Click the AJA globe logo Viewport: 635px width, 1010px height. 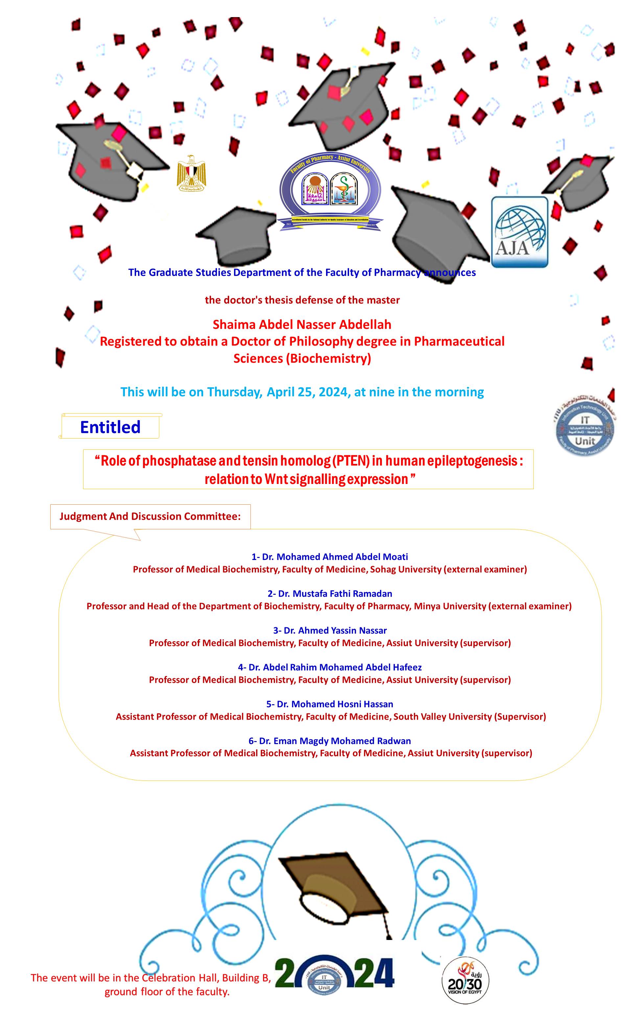[519, 232]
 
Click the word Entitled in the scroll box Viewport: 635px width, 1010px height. [110, 427]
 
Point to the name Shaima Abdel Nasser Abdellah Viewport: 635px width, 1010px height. [302, 324]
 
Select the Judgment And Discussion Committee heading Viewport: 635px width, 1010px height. [150, 516]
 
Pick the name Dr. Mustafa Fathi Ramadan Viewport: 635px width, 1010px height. [330, 593]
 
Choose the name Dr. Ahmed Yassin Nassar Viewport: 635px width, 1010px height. [330, 630]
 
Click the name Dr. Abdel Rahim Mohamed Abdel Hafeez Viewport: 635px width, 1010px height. [330, 667]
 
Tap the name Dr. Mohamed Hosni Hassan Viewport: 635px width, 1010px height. [330, 704]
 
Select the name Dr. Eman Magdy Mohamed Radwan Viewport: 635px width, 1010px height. [330, 741]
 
